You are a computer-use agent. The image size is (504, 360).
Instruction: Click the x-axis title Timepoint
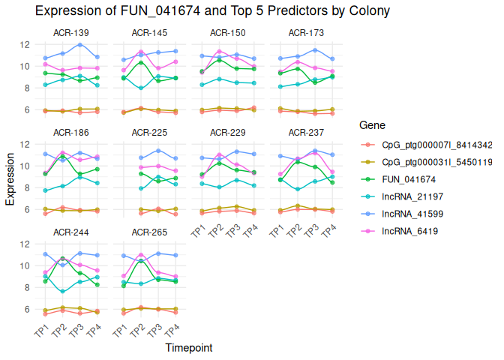tap(188, 348)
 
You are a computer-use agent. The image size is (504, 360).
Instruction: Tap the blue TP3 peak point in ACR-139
tap(80, 45)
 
